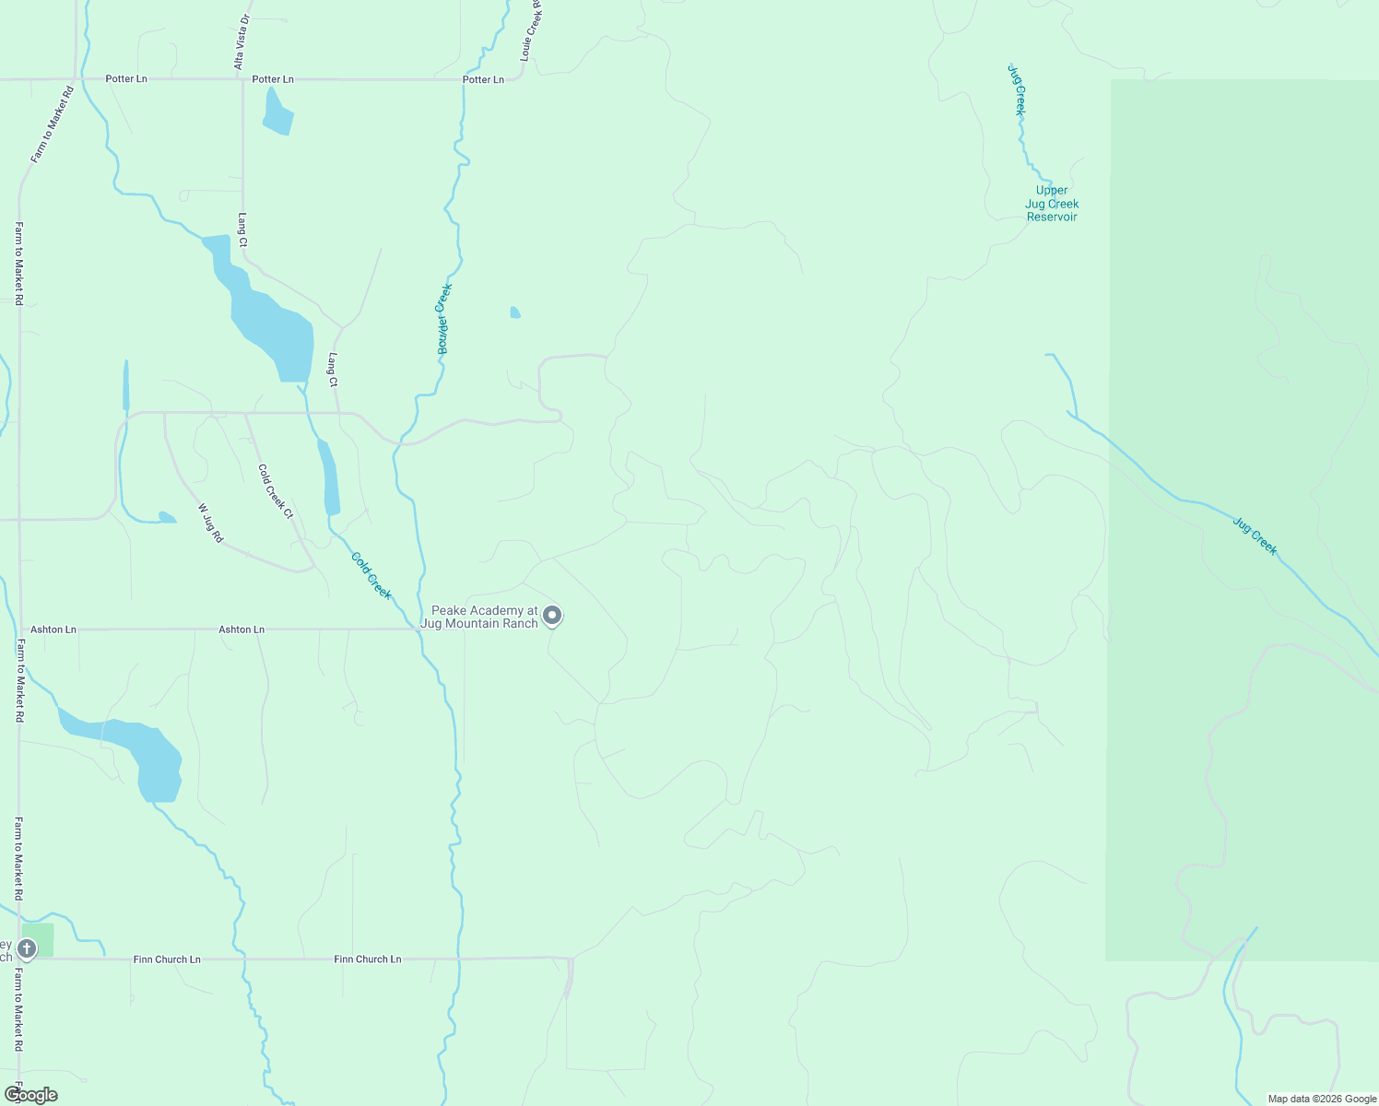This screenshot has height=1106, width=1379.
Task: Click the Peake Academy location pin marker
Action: pos(552,615)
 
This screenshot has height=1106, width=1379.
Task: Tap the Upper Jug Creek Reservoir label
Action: pos(1052,204)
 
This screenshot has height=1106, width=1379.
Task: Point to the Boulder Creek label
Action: pos(444,319)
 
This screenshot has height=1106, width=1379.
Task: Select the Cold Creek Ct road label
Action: pos(276,491)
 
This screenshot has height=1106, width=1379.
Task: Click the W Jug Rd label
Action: pos(210,523)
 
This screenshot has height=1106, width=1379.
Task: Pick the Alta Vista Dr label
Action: pos(242,42)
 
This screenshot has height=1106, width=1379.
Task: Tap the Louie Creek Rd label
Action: pos(531,30)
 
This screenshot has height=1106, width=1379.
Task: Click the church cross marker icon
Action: pos(27,948)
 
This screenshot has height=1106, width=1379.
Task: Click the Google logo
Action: pos(30,1095)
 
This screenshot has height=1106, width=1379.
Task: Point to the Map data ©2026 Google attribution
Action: pos(1322,1099)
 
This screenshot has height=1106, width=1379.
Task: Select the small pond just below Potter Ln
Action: pos(277,114)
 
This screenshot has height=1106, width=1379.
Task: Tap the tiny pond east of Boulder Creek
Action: pos(515,312)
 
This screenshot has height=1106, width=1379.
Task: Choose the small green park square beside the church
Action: pos(43,939)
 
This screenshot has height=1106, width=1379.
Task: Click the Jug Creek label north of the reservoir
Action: pos(1016,89)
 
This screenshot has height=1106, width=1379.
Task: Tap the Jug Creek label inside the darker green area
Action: pos(1255,536)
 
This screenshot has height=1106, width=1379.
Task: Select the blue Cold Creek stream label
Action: pos(371,575)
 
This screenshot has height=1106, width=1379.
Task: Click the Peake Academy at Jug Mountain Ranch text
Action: pos(479,617)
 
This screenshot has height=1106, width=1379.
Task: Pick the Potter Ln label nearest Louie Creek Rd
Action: pos(483,80)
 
